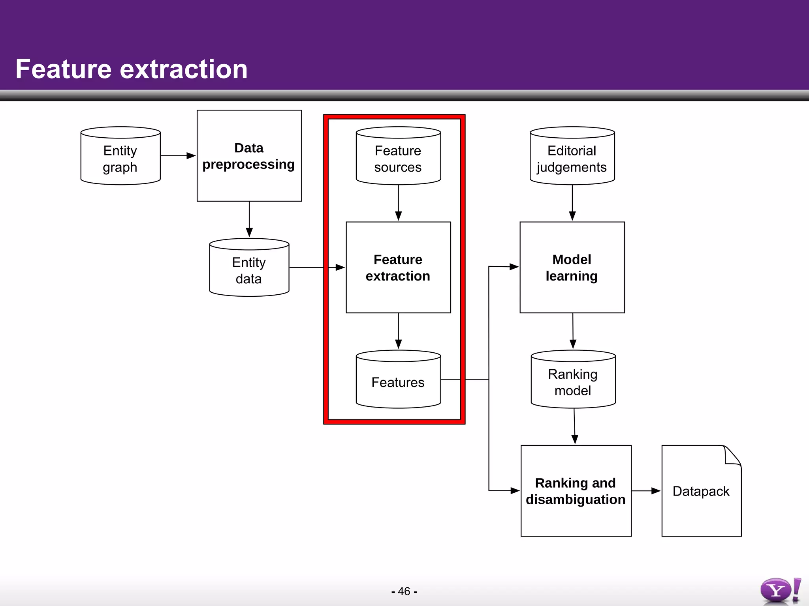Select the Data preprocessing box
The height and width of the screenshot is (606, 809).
(x=249, y=156)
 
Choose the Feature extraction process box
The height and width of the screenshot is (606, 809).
(x=398, y=267)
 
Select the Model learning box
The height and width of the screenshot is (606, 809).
(x=572, y=267)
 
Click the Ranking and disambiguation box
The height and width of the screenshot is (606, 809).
(x=576, y=491)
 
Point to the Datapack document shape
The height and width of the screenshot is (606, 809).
(x=701, y=491)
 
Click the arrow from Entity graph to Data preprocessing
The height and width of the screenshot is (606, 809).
(x=178, y=156)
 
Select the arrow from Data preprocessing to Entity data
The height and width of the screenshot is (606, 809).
(x=249, y=219)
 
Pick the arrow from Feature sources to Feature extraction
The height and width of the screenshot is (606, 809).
(x=398, y=203)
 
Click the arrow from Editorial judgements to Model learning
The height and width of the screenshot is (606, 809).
(x=572, y=203)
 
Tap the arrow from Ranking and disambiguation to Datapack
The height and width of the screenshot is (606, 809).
(x=646, y=491)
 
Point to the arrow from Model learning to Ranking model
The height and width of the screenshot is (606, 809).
(x=573, y=331)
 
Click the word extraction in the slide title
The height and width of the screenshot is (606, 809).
(x=184, y=69)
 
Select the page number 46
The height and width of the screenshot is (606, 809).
(x=404, y=591)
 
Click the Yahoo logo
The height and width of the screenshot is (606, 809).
(x=780, y=591)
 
